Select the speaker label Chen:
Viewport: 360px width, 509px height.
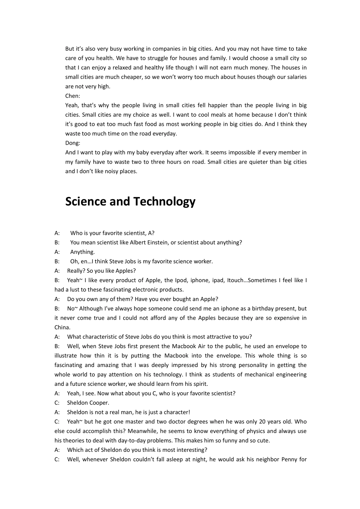pos(73,96)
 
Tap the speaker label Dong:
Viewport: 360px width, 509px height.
pos(73,143)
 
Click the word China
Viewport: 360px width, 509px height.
pos(62,328)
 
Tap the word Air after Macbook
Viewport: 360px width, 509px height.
pos(201,346)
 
